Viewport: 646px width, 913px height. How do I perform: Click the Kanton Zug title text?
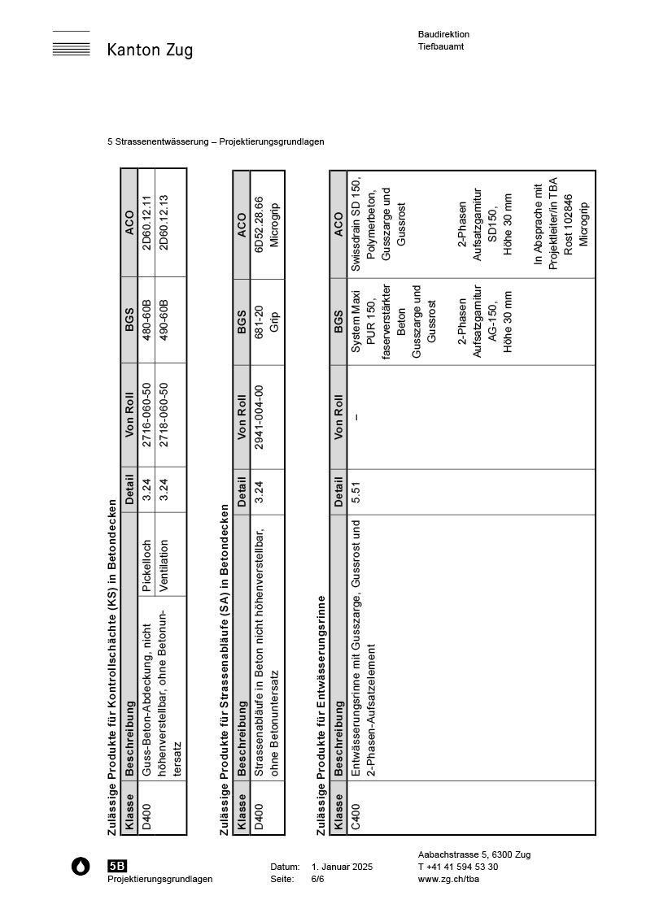tap(150, 50)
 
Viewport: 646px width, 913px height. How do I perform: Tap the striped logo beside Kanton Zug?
tap(71, 48)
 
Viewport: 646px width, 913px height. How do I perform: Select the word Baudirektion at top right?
tap(443, 34)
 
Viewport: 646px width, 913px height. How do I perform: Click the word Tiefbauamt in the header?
tap(441, 46)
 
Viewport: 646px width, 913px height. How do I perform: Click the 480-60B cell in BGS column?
tap(146, 323)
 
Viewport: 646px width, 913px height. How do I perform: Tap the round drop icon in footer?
tap(81, 867)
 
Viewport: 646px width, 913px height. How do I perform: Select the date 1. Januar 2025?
tap(342, 867)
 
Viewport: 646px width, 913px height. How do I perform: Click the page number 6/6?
tap(317, 879)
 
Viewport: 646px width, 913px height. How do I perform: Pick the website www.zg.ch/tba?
tap(444, 879)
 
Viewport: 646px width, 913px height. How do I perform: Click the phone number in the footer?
tap(458, 867)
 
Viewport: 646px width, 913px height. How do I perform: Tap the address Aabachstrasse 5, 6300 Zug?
tap(474, 854)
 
